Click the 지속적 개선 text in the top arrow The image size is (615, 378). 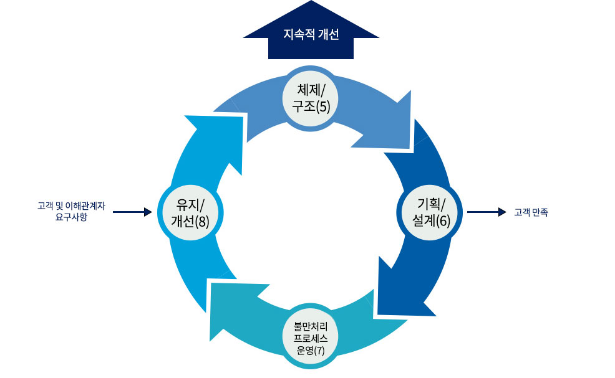pyautogui.click(x=311, y=35)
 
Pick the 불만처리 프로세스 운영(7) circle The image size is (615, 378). pyautogui.click(x=311, y=337)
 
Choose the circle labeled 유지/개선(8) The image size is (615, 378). pyautogui.click(x=188, y=212)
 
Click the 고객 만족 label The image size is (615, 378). pyautogui.click(x=531, y=212)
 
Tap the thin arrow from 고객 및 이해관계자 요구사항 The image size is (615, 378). pyautogui.click(x=132, y=212)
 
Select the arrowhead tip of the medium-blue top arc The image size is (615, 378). pyautogui.click(x=414, y=149)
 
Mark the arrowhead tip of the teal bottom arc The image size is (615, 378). pyautogui.click(x=209, y=284)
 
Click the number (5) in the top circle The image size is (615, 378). pyautogui.click(x=322, y=106)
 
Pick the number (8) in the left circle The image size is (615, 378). pyautogui.click(x=201, y=220)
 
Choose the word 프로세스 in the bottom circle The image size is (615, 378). pyautogui.click(x=311, y=338)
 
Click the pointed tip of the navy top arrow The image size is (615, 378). pyautogui.click(x=311, y=2)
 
